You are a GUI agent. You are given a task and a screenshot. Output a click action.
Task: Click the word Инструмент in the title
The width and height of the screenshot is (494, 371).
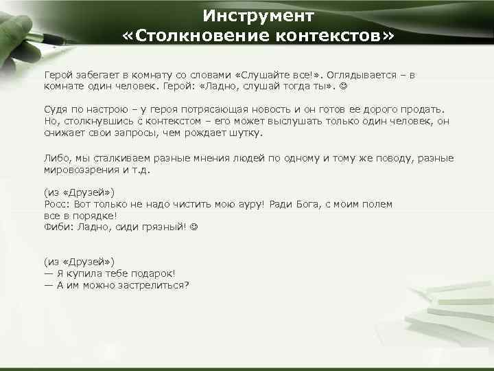[259, 15]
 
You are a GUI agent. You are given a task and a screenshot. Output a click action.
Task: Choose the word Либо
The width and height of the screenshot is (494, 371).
[56, 157]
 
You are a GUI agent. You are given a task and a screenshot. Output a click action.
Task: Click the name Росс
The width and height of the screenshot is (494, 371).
[56, 204]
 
